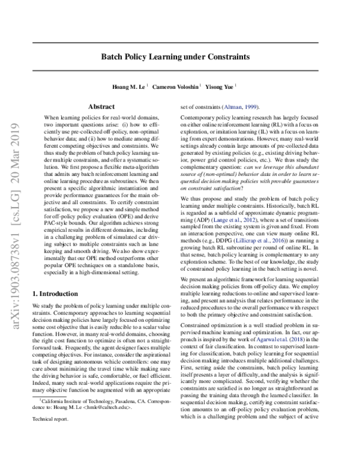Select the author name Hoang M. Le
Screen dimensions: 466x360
[130, 86]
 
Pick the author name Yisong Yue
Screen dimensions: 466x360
[220, 86]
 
